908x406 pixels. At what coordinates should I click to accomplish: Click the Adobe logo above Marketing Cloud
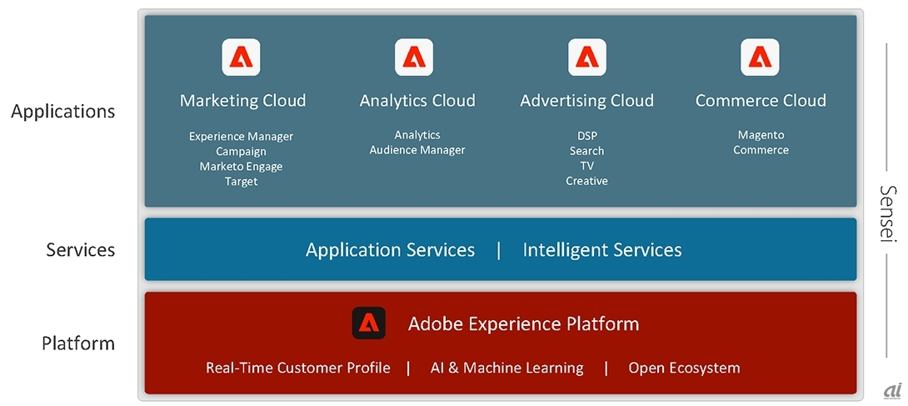[242, 58]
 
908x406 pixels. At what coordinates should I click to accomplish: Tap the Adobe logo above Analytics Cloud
[414, 58]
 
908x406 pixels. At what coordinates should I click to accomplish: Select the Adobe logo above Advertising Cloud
[587, 58]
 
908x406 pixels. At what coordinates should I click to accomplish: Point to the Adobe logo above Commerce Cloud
[760, 58]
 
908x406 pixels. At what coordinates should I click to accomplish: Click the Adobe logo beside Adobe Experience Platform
[369, 323]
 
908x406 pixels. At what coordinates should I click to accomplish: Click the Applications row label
[63, 111]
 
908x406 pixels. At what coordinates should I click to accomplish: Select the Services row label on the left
[81, 249]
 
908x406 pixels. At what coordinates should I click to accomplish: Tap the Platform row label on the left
[78, 343]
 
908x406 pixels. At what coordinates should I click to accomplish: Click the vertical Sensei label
[888, 213]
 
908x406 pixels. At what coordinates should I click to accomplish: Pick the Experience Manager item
[241, 136]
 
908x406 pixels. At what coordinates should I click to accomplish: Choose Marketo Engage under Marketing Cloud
[241, 166]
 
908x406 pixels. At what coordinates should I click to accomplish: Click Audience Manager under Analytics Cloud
[417, 150]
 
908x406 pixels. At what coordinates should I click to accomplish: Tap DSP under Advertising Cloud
[586, 136]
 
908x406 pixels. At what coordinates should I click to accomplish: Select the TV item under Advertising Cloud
[586, 166]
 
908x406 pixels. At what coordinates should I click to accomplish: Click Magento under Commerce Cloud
[761, 135]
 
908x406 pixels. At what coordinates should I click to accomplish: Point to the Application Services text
[390, 249]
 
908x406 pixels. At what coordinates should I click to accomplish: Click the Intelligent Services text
[602, 249]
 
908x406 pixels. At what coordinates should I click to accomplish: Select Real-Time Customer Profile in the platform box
[298, 368]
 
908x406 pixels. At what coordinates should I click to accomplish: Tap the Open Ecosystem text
[684, 368]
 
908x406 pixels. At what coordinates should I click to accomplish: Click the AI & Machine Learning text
[506, 368]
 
